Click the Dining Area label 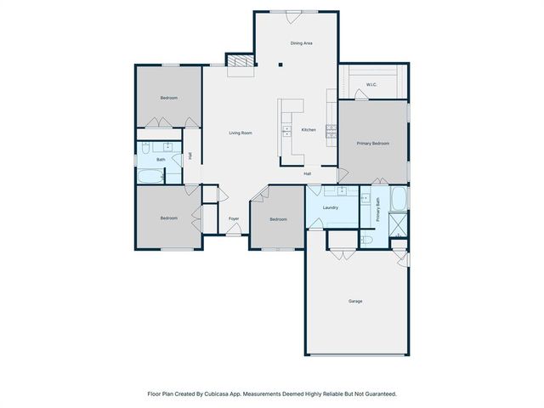[301, 43]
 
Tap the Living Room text [241, 133]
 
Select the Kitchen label [309, 130]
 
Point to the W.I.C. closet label [371, 85]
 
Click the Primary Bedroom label [373, 144]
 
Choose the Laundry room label [331, 207]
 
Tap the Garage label [355, 301]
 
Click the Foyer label [234, 218]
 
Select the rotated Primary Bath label [377, 210]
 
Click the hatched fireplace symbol [241, 61]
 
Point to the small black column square [280, 65]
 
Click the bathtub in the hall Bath [150, 176]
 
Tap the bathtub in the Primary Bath [399, 198]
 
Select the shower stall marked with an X [398, 224]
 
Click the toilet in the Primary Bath [366, 240]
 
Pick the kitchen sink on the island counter [286, 131]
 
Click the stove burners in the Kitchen [331, 131]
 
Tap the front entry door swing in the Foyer [234, 229]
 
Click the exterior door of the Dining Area [292, 17]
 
